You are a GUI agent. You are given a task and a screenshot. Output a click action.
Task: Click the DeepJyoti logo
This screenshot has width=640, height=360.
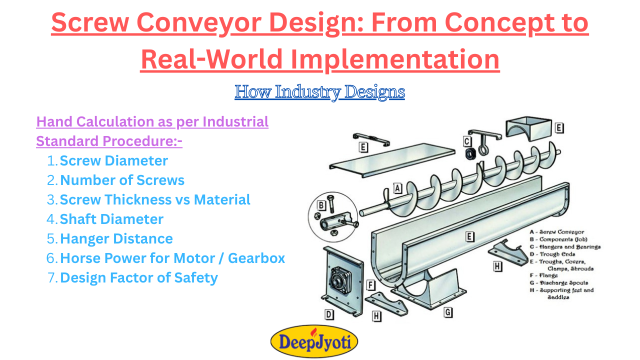pos(314,341)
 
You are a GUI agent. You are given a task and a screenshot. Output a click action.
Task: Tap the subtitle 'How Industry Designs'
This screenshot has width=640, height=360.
pos(319,92)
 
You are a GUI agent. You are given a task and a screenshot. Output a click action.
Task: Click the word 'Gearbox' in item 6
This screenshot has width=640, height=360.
pos(256,258)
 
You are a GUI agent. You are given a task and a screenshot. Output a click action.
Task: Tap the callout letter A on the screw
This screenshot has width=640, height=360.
pos(397,188)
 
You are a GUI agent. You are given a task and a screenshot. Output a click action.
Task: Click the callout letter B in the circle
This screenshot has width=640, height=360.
pos(321,205)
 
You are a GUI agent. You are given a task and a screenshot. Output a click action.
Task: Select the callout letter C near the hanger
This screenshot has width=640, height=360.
pos(466,141)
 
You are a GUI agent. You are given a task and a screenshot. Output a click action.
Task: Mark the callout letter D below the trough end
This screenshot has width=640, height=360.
pos(329,314)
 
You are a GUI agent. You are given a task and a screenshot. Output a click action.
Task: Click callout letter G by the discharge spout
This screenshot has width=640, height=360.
pos(447,312)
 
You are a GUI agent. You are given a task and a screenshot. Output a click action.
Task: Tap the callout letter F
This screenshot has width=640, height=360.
pos(370,285)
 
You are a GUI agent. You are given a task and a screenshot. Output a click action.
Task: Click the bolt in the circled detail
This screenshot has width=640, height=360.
pos(331,204)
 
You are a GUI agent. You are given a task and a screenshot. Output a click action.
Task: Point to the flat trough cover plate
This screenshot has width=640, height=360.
pos(392,160)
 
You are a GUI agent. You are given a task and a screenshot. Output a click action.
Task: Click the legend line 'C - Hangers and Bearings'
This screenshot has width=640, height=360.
pos(565,247)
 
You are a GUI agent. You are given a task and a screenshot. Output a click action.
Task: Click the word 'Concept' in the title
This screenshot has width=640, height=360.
pos(485,23)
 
